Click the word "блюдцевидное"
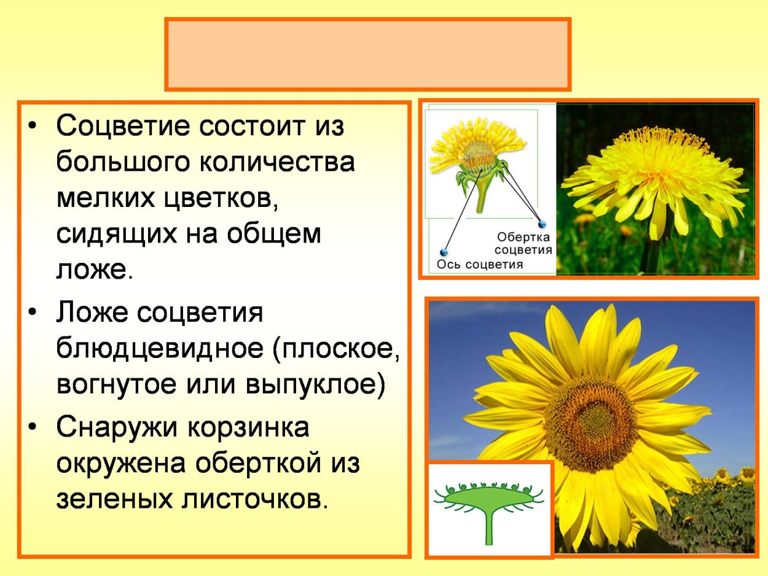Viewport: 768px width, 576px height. point(159,349)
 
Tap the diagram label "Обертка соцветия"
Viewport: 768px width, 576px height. point(523,243)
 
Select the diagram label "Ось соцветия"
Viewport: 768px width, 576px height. point(479,265)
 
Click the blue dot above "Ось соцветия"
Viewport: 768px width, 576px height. point(444,252)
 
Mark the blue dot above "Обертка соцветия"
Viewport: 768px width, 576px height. point(541,224)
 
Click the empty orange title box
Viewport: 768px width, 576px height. point(368,54)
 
